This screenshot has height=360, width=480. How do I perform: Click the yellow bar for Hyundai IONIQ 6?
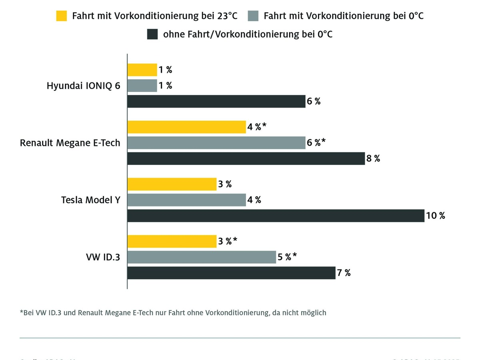(142, 70)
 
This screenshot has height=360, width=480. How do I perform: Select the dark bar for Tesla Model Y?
(276, 216)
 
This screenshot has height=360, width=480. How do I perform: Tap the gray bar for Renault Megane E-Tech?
(216, 143)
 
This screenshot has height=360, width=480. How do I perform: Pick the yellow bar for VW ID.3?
(172, 241)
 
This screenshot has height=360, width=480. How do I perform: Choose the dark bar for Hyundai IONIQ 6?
(216, 101)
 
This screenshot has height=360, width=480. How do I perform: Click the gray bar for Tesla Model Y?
(186, 200)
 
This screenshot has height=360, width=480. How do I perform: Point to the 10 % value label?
(436, 216)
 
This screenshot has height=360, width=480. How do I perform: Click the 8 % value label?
(373, 158)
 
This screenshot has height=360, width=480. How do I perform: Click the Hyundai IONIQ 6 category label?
(83, 86)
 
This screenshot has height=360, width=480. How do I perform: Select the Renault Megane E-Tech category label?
(70, 143)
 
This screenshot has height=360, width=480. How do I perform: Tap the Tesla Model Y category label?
(90, 200)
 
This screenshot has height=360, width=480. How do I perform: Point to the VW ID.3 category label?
(103, 257)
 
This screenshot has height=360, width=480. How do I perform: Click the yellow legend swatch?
(61, 16)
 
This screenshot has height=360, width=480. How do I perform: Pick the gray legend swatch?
(253, 16)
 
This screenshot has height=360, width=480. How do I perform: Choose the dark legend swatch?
(152, 34)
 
